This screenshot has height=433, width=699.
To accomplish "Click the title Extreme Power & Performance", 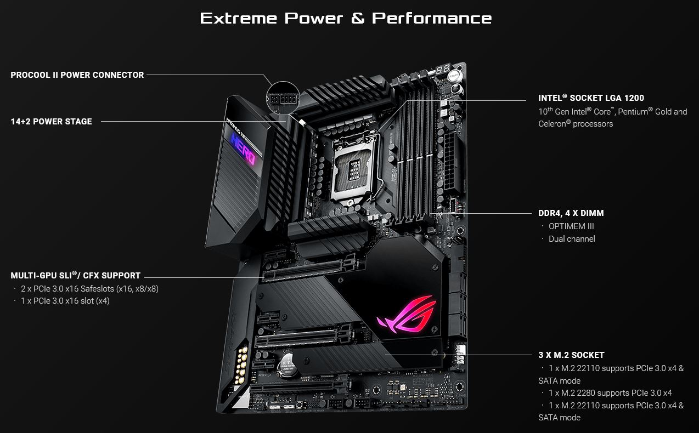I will pos(346,18).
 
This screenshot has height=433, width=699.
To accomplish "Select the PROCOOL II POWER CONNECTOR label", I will pos(77,75).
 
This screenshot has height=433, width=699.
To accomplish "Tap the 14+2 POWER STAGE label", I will pos(52,122).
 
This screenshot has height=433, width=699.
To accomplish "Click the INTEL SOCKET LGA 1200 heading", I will pos(591,98).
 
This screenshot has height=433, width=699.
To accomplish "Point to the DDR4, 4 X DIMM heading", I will pos(571,213).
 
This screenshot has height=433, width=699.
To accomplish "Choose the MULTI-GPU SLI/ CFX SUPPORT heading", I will pos(76,276).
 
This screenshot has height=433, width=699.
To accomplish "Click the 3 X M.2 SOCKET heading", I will pos(571,355).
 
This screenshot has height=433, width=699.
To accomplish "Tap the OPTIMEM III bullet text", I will pos(571,226).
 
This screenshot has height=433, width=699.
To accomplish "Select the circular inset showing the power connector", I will pos(282,99).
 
